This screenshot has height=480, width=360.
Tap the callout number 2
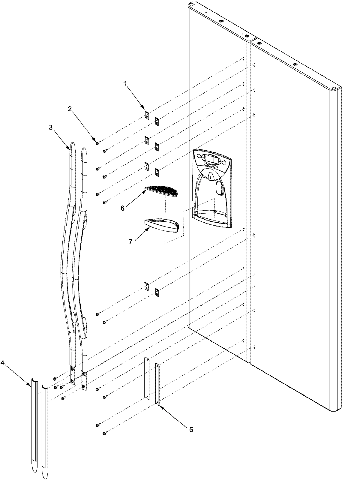point(70,109)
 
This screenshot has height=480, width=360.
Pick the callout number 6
point(122,208)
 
